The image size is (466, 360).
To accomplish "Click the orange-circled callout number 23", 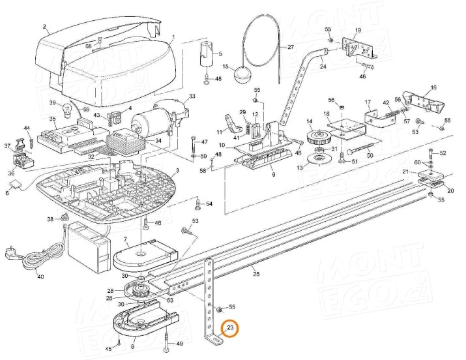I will pos(229,329).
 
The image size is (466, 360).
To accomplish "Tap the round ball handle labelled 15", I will pos(242,74).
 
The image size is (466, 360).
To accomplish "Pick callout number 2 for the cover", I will pos(44,28).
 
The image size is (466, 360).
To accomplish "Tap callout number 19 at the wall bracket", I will pos(357,30).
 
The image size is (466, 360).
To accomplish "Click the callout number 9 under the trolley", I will pos(272,175).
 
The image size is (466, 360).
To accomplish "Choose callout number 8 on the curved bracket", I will pos(134,340).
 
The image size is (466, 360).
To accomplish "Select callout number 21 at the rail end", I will pos(405,172).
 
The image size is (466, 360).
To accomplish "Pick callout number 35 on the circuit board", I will pos(53,119).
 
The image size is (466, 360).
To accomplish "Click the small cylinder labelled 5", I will pos(209,54).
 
